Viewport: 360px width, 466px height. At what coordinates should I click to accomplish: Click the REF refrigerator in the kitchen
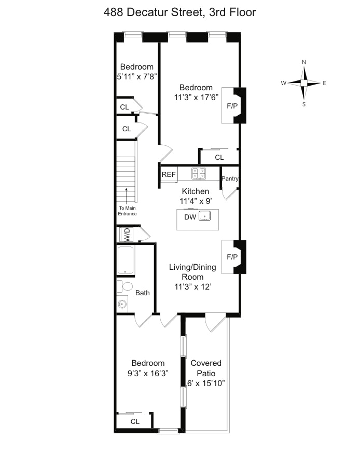point(169,174)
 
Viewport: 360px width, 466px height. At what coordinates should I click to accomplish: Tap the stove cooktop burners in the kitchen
point(199,173)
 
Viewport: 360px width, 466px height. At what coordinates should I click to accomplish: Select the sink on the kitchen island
point(205,216)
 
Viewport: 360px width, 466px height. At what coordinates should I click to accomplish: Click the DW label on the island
point(190,217)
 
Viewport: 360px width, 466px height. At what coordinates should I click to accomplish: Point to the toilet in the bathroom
point(125,286)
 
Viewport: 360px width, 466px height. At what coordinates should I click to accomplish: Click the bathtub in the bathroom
point(126,260)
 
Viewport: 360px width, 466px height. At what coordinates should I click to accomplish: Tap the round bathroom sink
point(122,304)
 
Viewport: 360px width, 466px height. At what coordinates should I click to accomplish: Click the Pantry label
point(230,179)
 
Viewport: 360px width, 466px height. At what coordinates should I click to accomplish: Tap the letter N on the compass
point(304,62)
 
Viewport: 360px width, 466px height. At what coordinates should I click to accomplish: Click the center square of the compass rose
point(304,83)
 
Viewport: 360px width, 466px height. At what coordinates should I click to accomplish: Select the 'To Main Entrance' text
point(128,211)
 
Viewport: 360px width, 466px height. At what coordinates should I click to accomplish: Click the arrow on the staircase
point(127,195)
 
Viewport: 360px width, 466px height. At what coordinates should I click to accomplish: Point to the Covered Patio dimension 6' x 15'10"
point(206,383)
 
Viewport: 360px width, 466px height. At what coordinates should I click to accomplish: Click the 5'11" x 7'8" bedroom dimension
point(136,77)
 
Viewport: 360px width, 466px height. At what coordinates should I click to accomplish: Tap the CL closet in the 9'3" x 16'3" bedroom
point(134,421)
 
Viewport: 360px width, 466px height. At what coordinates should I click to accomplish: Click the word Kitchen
point(196,191)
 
